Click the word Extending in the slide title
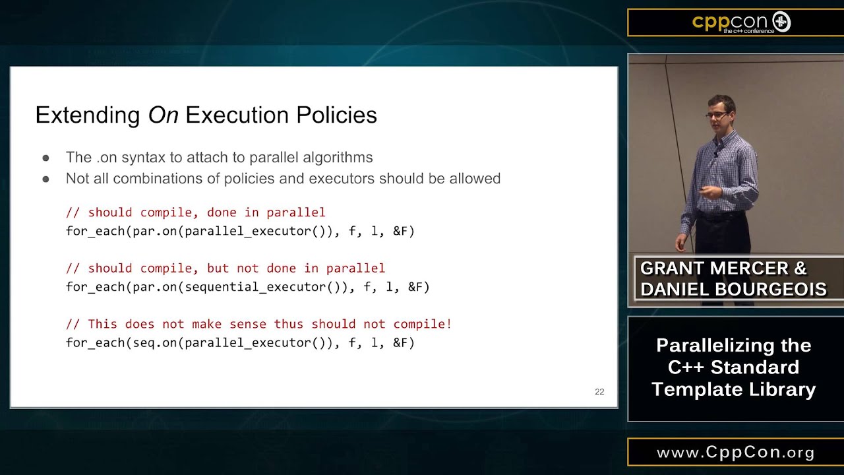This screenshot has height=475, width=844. (x=88, y=115)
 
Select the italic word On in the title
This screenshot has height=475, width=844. (x=163, y=115)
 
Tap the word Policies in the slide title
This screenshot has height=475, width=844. (x=336, y=115)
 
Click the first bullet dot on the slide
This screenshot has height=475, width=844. (x=45, y=158)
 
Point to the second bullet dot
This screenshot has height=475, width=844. (x=45, y=179)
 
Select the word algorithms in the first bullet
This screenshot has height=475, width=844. (x=338, y=158)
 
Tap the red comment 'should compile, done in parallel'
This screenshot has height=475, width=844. (x=196, y=212)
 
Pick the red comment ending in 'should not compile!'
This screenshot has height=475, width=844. (x=258, y=324)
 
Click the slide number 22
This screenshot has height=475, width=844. (x=599, y=392)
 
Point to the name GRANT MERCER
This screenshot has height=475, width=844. (x=715, y=269)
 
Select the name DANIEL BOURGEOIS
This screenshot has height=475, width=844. (x=733, y=289)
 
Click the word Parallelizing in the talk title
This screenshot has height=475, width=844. (x=733, y=346)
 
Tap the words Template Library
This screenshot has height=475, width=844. (x=733, y=389)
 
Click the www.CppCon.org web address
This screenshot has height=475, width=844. (x=735, y=453)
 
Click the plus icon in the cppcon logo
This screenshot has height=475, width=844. (x=781, y=22)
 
